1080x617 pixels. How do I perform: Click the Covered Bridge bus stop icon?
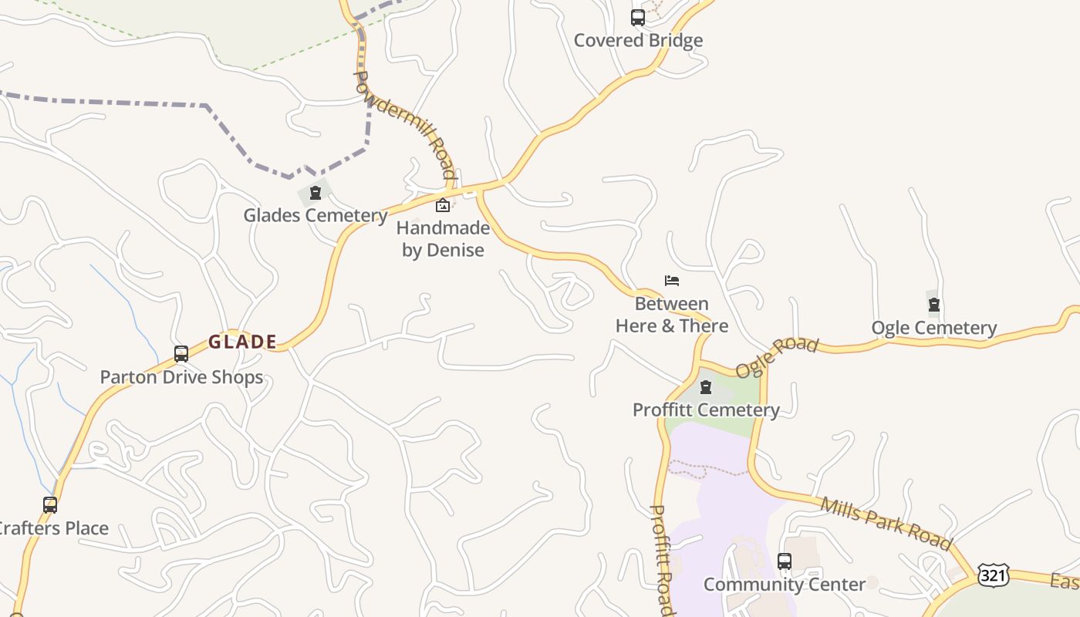click(x=638, y=18)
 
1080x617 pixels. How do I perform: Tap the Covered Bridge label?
click(x=638, y=41)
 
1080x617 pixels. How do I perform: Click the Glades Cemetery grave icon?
click(x=315, y=193)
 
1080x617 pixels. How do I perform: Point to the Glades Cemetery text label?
click(x=315, y=215)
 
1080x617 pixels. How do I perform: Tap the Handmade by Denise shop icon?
click(x=443, y=205)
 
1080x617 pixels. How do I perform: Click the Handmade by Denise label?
click(x=443, y=239)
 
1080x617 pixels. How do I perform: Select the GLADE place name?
click(x=242, y=342)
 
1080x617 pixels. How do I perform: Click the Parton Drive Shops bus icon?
click(x=181, y=354)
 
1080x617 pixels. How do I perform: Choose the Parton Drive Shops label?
click(x=181, y=377)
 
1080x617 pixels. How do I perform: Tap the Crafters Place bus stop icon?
click(x=50, y=505)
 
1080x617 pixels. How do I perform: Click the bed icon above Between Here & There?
click(x=672, y=281)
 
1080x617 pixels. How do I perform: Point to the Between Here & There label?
click(x=672, y=315)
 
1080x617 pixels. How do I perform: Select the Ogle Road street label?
click(x=776, y=356)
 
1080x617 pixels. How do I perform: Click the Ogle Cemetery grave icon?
click(x=934, y=305)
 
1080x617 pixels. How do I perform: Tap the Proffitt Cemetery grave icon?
click(x=706, y=387)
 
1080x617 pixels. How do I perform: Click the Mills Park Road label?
click(x=886, y=524)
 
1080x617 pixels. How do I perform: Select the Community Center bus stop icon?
click(x=785, y=561)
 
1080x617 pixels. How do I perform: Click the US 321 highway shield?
click(x=992, y=575)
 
